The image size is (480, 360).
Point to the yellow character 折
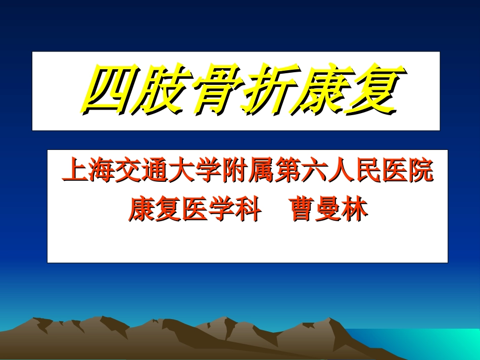tap(266, 91)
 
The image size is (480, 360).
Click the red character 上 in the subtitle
tap(74, 172)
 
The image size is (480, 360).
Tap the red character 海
tap(101, 172)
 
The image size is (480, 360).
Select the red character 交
tap(127, 172)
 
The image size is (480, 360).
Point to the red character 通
tap(154, 172)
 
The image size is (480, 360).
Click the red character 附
tap(234, 172)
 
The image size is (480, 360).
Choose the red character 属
tap(261, 172)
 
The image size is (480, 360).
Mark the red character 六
tap(314, 172)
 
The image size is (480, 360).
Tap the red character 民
tap(368, 172)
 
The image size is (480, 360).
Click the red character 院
tap(421, 172)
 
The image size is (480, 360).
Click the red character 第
tap(287, 172)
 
